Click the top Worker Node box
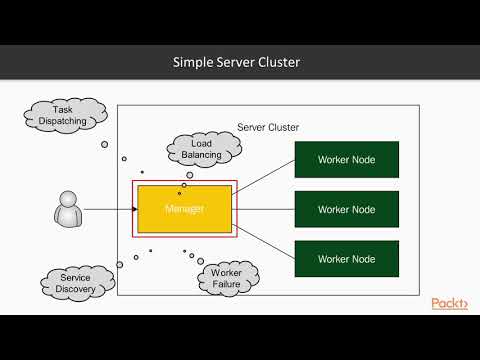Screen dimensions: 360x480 click(x=346, y=160)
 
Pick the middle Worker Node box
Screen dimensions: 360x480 click(x=346, y=209)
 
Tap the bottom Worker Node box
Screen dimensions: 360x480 click(x=346, y=259)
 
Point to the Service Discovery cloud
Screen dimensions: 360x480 click(x=76, y=284)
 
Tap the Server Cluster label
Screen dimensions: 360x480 click(x=268, y=127)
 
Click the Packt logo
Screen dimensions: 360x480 click(x=449, y=303)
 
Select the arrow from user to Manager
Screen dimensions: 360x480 click(x=110, y=209)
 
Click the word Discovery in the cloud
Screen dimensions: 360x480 click(x=76, y=290)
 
